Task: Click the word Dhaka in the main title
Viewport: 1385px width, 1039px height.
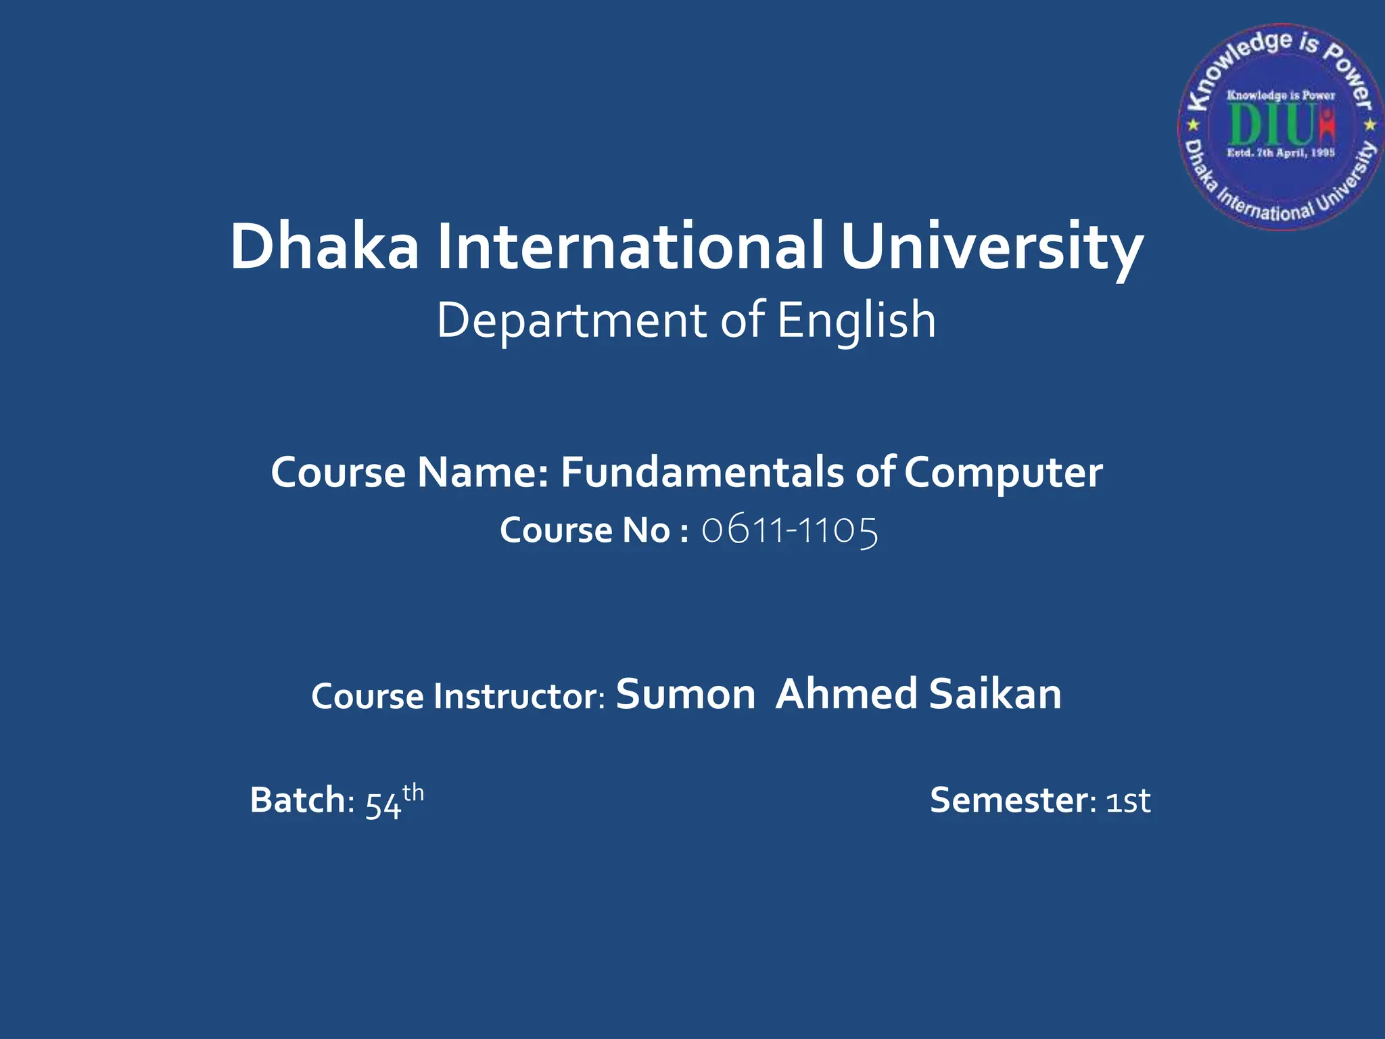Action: click(x=324, y=246)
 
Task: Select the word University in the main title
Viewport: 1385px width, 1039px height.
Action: click(x=991, y=248)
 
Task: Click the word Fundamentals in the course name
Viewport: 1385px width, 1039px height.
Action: click(x=702, y=472)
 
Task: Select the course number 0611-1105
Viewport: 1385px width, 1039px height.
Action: click(x=789, y=530)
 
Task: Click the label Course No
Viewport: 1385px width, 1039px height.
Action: click(x=585, y=530)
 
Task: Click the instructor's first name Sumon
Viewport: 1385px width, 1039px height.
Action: click(x=685, y=695)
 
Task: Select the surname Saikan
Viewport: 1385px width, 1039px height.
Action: click(x=995, y=695)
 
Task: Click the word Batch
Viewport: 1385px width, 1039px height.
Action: click(x=298, y=800)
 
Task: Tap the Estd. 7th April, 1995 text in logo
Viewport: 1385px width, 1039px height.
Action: click(x=1281, y=153)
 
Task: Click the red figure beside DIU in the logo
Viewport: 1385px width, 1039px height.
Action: click(x=1327, y=126)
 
